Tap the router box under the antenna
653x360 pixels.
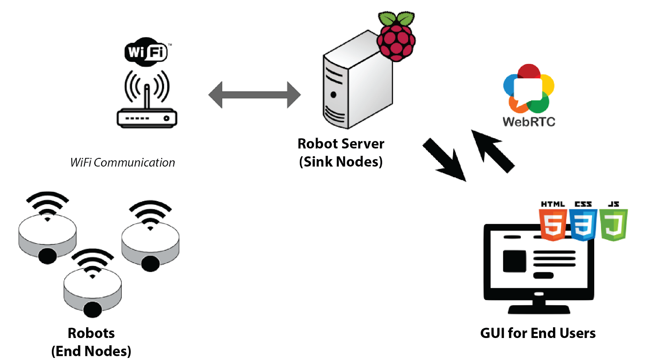(147, 118)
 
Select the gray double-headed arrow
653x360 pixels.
(255, 95)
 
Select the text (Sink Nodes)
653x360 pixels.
(341, 162)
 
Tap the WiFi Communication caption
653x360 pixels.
(122, 162)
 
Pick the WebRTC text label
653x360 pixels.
(529, 122)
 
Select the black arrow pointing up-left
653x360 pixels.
(492, 151)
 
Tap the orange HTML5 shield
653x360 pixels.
(553, 224)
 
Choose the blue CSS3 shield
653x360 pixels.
(583, 224)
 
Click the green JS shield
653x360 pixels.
(613, 224)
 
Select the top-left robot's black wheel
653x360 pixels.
(47, 256)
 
